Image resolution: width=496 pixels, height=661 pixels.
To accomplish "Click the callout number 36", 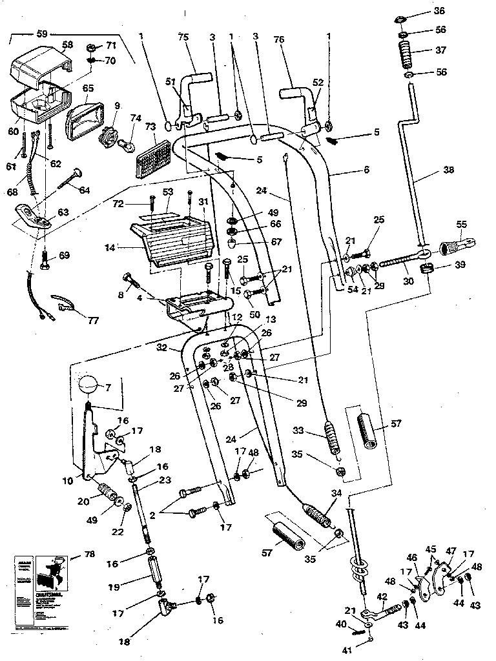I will point(440,11).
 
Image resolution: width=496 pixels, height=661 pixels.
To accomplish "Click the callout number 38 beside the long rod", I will point(448,170).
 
